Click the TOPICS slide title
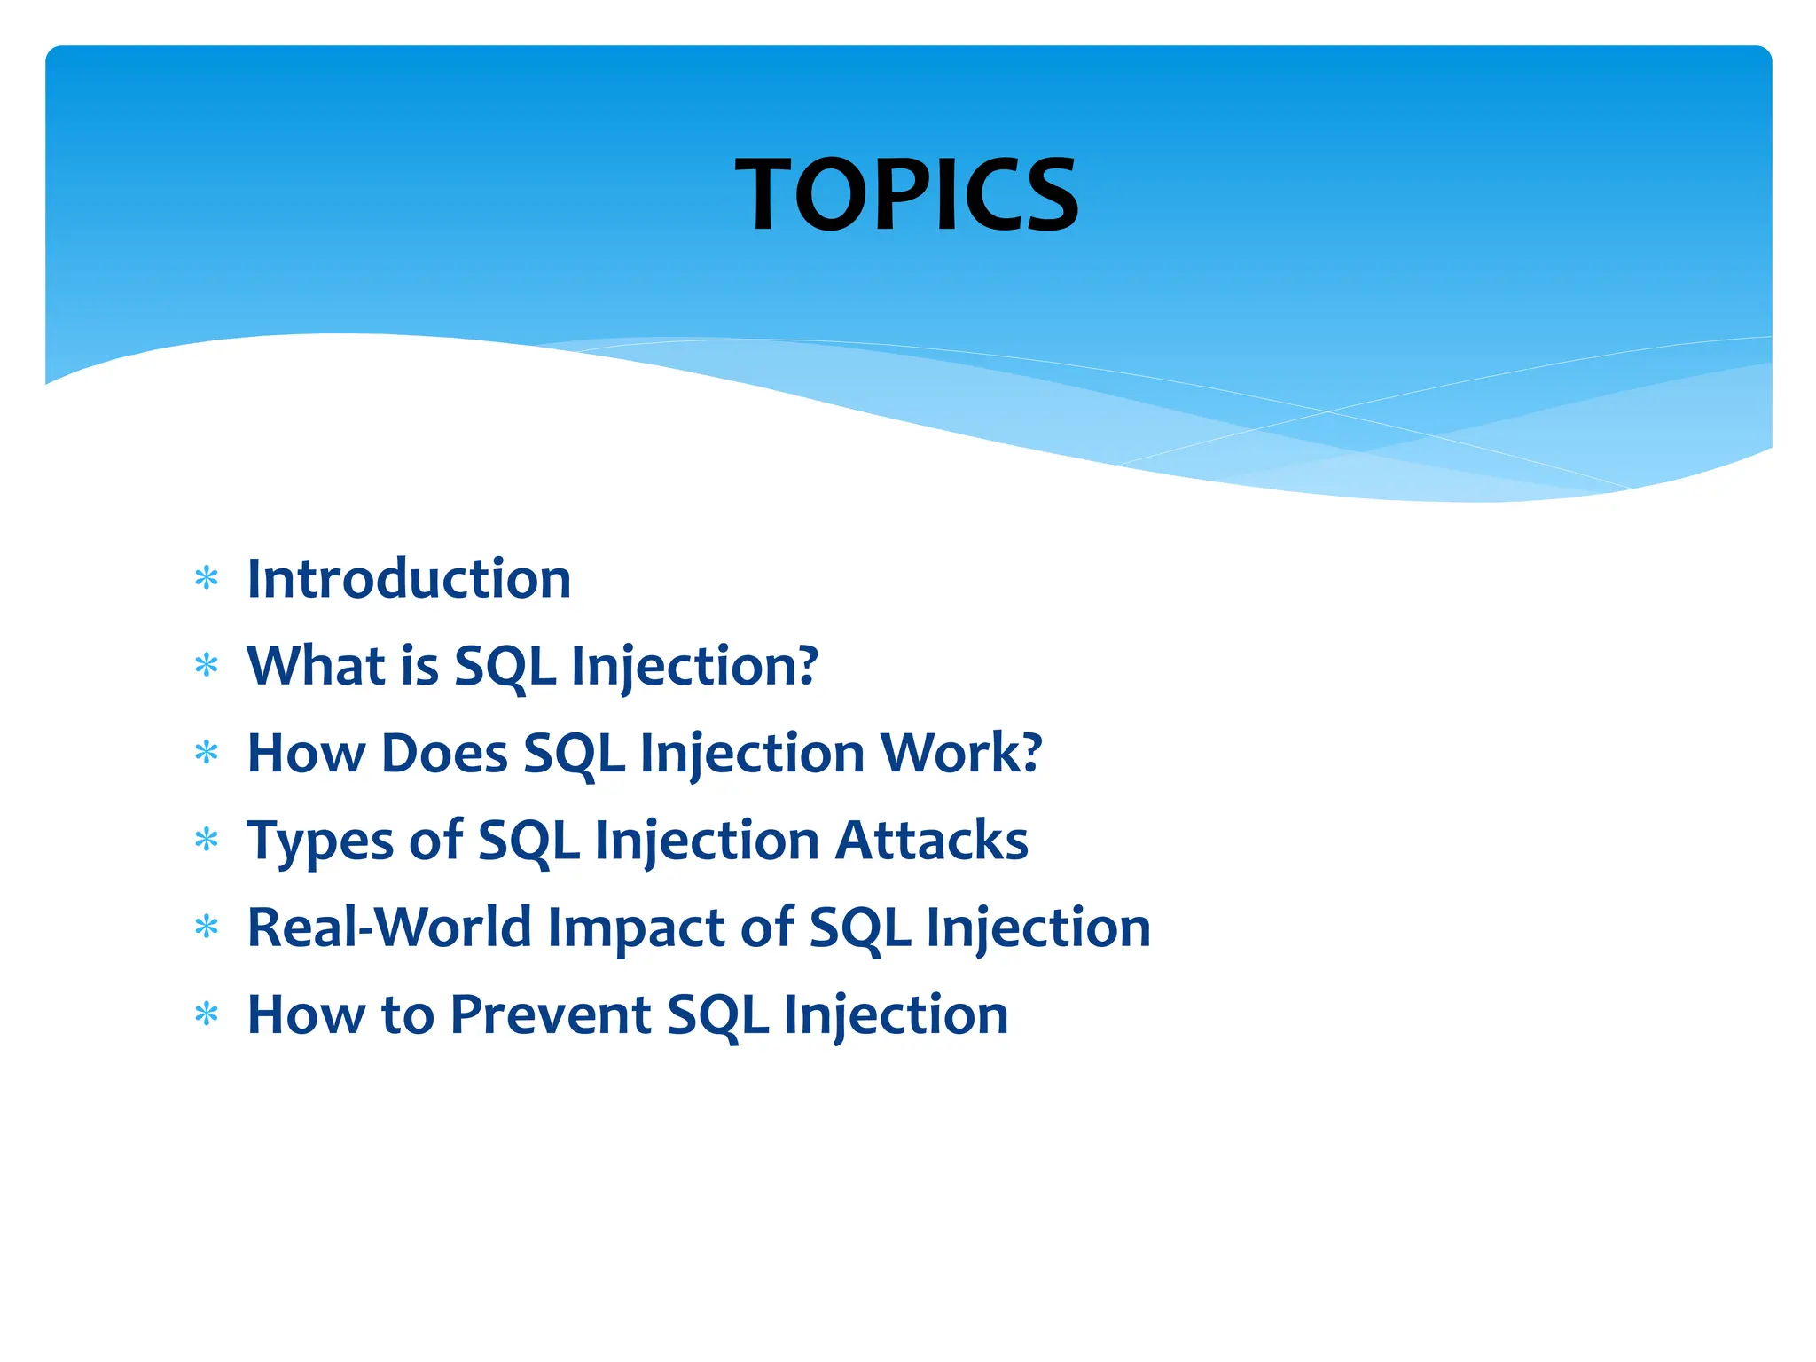tap(907, 194)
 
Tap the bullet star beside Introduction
tap(207, 579)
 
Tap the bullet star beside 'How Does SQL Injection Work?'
tap(207, 753)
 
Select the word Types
tap(320, 841)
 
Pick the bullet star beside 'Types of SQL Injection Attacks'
tap(207, 840)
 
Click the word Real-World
tap(389, 927)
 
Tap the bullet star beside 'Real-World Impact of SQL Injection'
tap(207, 928)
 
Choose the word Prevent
tap(551, 1014)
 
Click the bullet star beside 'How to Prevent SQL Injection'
tap(207, 1014)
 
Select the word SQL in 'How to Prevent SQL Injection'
tap(717, 1015)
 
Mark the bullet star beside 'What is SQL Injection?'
tap(207, 666)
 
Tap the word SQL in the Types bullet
tap(529, 841)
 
